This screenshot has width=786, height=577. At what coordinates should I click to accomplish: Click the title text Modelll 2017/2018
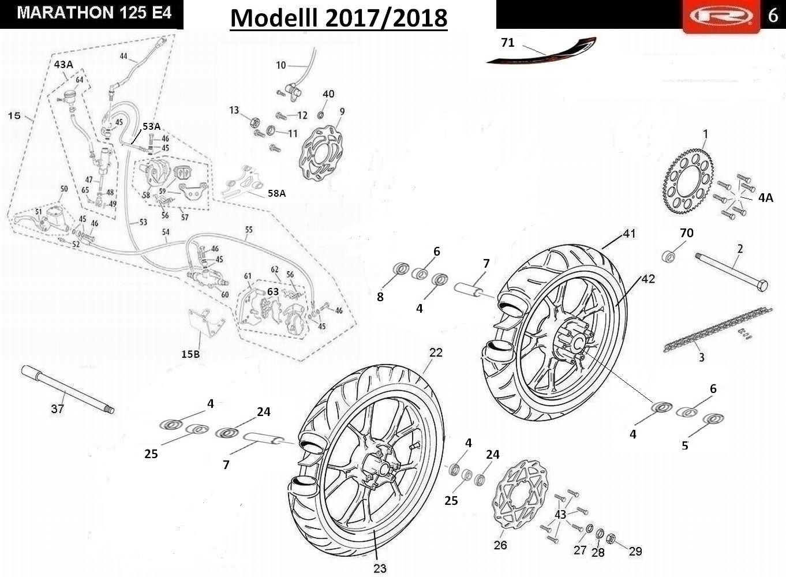pyautogui.click(x=339, y=17)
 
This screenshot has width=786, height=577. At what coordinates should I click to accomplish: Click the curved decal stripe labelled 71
pyautogui.click(x=542, y=53)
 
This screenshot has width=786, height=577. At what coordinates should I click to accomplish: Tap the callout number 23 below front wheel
pyautogui.click(x=379, y=568)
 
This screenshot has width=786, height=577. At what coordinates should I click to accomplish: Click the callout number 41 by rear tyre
pyautogui.click(x=629, y=234)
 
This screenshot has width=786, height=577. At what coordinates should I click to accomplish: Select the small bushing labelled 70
pyautogui.click(x=669, y=254)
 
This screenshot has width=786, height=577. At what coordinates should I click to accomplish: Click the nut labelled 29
pyautogui.click(x=612, y=540)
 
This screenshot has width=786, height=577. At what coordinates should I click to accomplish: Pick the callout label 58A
pyautogui.click(x=276, y=193)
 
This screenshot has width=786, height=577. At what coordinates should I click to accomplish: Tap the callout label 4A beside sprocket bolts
pyautogui.click(x=765, y=198)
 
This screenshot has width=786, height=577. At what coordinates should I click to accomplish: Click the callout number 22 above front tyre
pyautogui.click(x=436, y=352)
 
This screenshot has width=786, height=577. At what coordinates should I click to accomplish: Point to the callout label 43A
pyautogui.click(x=63, y=64)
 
